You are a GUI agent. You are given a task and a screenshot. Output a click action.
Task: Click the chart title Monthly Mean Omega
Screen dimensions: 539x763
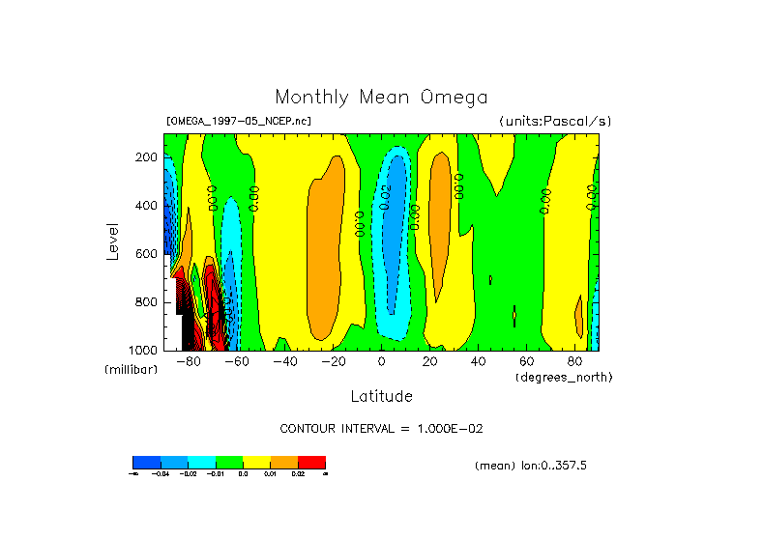[381, 98]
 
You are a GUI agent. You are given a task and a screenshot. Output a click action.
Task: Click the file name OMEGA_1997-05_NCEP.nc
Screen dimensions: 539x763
[239, 122]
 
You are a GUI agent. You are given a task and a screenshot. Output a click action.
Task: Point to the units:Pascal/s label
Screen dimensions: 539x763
[555, 122]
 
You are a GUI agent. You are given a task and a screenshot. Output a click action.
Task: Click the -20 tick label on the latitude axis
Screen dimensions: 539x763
[333, 362]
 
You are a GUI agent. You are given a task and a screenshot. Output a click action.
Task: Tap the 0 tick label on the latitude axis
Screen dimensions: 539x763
[382, 362]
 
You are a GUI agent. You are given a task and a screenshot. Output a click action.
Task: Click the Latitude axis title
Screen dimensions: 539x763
[381, 396]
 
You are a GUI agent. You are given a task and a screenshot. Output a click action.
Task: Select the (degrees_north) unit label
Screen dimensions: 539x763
[564, 376]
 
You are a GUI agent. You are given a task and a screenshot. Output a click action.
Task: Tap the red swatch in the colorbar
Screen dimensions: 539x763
[311, 462]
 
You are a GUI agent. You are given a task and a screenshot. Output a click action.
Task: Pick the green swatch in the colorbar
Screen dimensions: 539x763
[229, 462]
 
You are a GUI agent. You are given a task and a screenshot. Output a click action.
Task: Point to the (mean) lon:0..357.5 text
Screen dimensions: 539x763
[531, 466]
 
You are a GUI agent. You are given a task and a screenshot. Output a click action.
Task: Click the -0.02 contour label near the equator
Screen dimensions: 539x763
[384, 197]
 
